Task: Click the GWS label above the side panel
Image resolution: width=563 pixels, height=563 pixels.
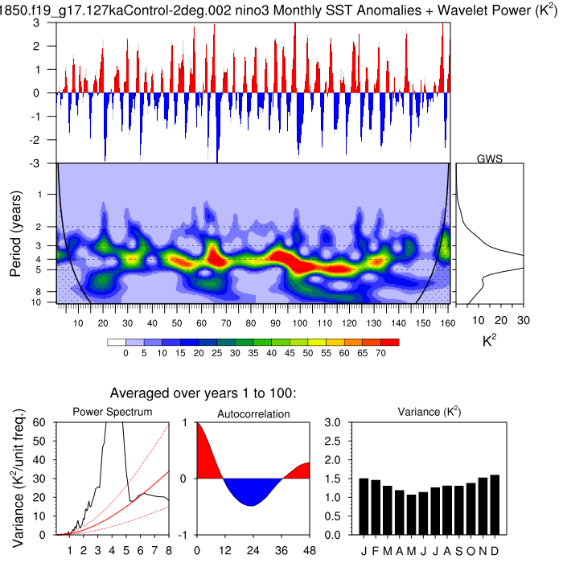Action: pos(490,158)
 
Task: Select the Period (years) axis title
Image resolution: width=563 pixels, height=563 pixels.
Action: pos(17,232)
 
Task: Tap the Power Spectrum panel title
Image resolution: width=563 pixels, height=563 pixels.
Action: pos(113,413)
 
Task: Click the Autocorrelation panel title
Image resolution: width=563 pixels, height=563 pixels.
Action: pos(253,413)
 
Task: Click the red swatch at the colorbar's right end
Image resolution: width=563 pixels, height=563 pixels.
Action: pos(392,342)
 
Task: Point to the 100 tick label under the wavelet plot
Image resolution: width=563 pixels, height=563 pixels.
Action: pos(301,323)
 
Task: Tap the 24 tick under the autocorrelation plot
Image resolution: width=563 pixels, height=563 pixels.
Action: pos(253,550)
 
